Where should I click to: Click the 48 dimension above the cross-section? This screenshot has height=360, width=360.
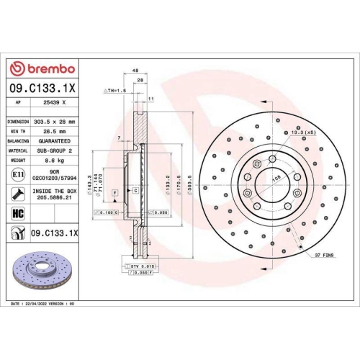[135, 71]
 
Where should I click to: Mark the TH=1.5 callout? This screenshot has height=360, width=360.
[116, 91]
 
